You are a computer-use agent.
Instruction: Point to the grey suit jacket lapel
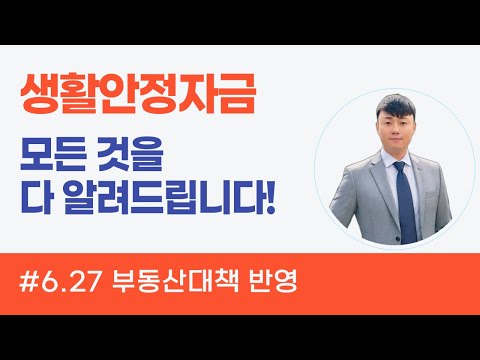pos(377,180)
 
